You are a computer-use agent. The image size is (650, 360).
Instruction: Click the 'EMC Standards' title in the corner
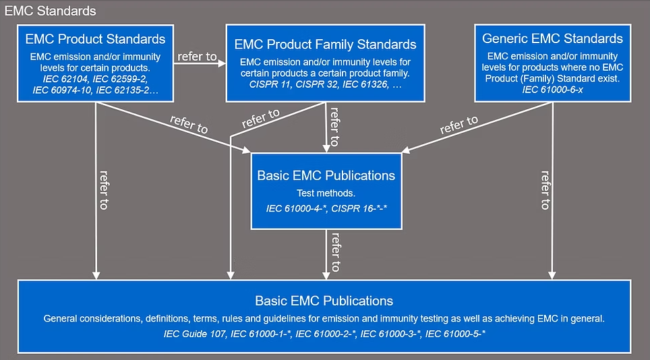click(x=50, y=11)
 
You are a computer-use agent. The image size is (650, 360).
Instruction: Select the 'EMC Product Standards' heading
click(x=95, y=39)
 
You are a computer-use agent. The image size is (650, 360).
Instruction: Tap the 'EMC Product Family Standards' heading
click(x=326, y=44)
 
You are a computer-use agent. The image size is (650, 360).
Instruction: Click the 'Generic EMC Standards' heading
click(x=552, y=38)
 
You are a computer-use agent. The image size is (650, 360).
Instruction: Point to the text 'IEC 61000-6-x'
click(x=553, y=90)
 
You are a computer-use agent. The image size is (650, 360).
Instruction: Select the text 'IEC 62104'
click(x=65, y=79)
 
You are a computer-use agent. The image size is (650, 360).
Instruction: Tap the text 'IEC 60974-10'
click(x=62, y=90)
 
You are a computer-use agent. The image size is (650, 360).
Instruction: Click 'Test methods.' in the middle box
click(x=326, y=193)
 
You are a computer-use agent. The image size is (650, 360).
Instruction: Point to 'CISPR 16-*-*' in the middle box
click(x=359, y=208)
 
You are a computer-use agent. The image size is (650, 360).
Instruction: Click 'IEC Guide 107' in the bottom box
click(x=195, y=334)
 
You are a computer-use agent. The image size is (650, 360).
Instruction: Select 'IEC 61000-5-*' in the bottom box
click(x=455, y=334)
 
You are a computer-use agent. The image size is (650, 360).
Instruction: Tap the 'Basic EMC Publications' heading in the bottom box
click(x=324, y=301)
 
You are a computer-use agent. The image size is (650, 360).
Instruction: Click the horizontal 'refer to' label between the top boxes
click(x=198, y=57)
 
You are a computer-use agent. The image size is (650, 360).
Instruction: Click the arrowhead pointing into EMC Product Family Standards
click(x=223, y=63)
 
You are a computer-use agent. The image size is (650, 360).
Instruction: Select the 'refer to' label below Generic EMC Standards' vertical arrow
click(x=545, y=190)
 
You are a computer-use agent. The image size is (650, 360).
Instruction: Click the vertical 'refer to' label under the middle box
click(x=335, y=252)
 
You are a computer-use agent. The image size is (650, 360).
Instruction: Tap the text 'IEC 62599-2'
click(x=120, y=79)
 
